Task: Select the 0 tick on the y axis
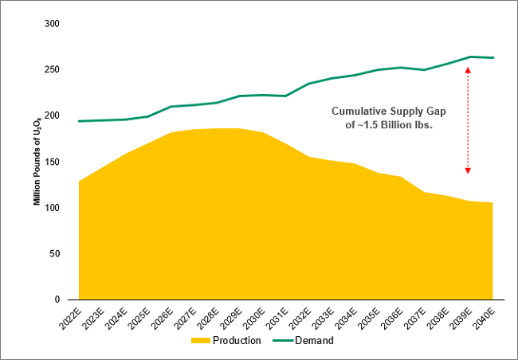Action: tap(57, 299)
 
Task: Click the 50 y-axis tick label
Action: tap(54, 254)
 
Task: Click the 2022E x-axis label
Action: tap(73, 319)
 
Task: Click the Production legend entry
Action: tap(241, 340)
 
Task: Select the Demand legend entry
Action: tap(315, 340)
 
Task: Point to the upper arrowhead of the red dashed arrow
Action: tap(468, 70)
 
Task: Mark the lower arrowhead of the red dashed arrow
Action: tap(468, 170)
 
